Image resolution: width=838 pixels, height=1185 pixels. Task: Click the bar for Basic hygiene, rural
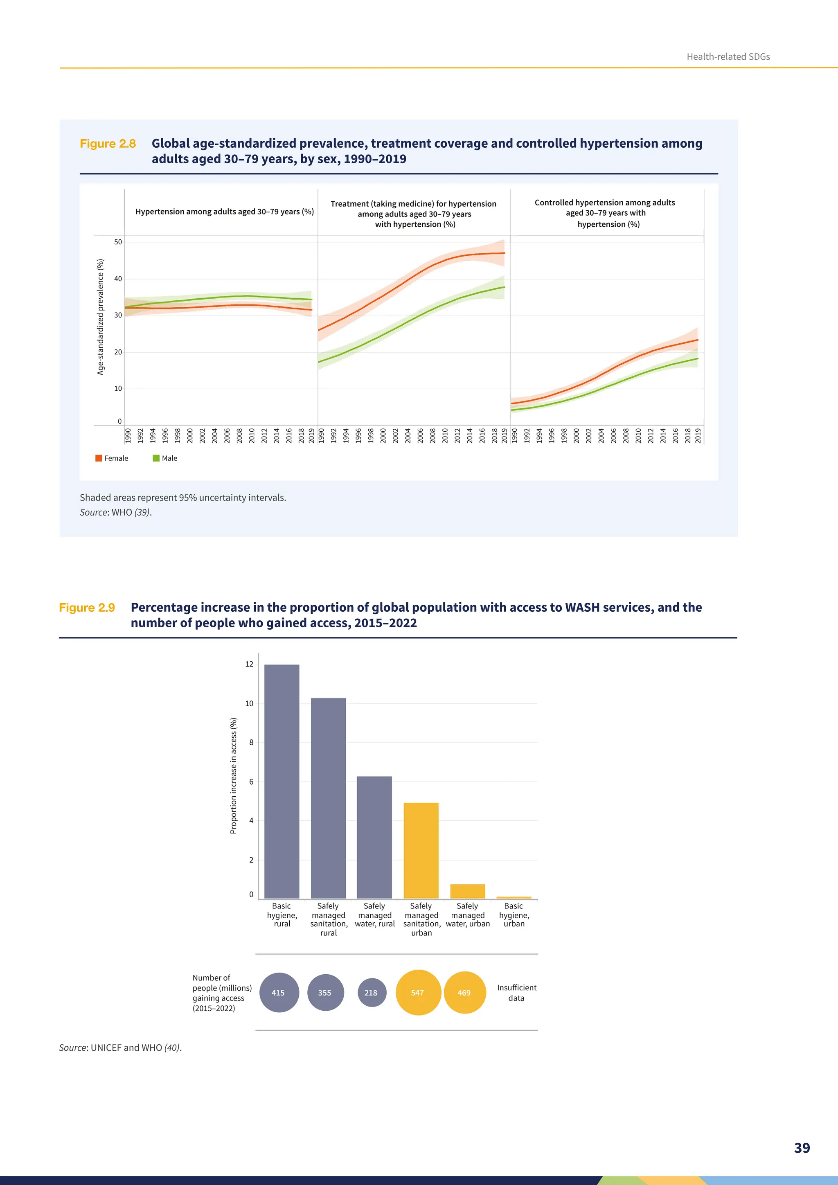[x=282, y=782]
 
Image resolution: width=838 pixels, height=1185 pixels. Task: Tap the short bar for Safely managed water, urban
[x=468, y=891]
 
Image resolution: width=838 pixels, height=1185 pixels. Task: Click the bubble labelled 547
[x=418, y=993]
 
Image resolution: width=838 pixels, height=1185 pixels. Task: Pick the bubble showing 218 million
[x=372, y=993]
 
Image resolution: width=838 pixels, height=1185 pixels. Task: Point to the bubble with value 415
[x=279, y=993]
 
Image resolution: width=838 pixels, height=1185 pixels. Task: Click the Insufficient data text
[x=516, y=993]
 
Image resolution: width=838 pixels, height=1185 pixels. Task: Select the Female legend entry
[x=112, y=458]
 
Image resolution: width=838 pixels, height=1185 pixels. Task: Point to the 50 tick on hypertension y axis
[x=118, y=242]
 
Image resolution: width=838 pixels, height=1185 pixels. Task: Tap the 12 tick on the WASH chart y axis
[x=249, y=664]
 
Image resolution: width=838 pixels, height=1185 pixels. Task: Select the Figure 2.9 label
[x=87, y=608]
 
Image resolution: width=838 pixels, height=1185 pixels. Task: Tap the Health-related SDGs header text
[x=728, y=57]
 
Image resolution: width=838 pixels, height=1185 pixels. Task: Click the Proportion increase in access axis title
[x=233, y=775]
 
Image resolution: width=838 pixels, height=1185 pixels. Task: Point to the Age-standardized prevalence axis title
[x=101, y=317]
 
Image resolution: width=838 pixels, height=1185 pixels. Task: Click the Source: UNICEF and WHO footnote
[x=120, y=1048]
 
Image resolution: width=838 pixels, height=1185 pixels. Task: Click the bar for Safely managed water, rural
[x=375, y=837]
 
